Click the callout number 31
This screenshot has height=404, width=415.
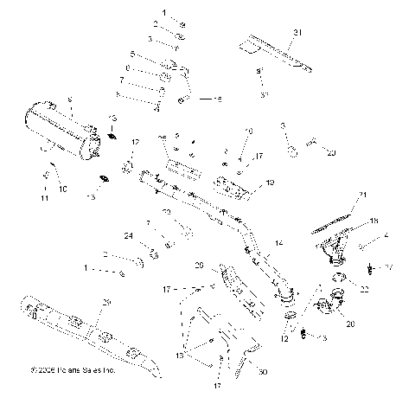point(300,33)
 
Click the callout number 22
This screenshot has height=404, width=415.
point(364,289)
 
